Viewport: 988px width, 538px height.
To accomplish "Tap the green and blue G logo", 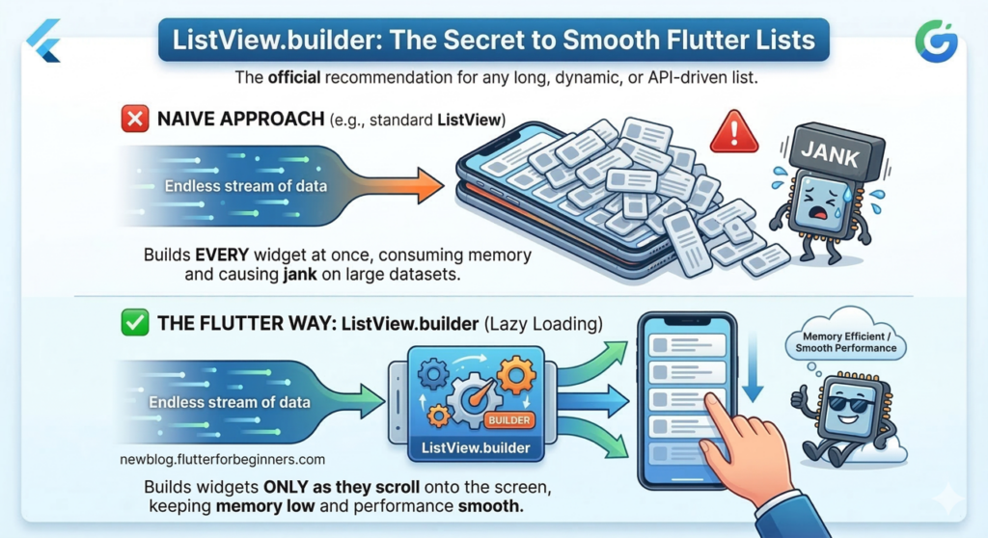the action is pos(936,40).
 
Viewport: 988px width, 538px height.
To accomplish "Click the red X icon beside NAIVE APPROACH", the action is pos(135,119).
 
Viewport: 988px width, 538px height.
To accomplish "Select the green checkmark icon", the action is pos(135,323).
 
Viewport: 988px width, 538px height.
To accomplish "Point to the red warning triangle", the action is pos(734,132).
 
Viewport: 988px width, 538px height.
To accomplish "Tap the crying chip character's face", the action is pos(819,202).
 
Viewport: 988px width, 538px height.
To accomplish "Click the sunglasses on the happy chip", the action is pos(848,403).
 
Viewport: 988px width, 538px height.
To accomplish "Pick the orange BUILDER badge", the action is pos(509,420).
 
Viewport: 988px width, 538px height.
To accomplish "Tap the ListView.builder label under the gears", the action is pos(476,448).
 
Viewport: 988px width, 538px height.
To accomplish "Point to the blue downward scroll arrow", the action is pos(753,366).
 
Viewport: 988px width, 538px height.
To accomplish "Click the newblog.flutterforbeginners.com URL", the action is pos(223,459).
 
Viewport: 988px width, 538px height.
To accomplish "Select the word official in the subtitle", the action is pos(293,77).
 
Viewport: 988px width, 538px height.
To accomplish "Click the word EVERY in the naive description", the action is pos(222,256).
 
